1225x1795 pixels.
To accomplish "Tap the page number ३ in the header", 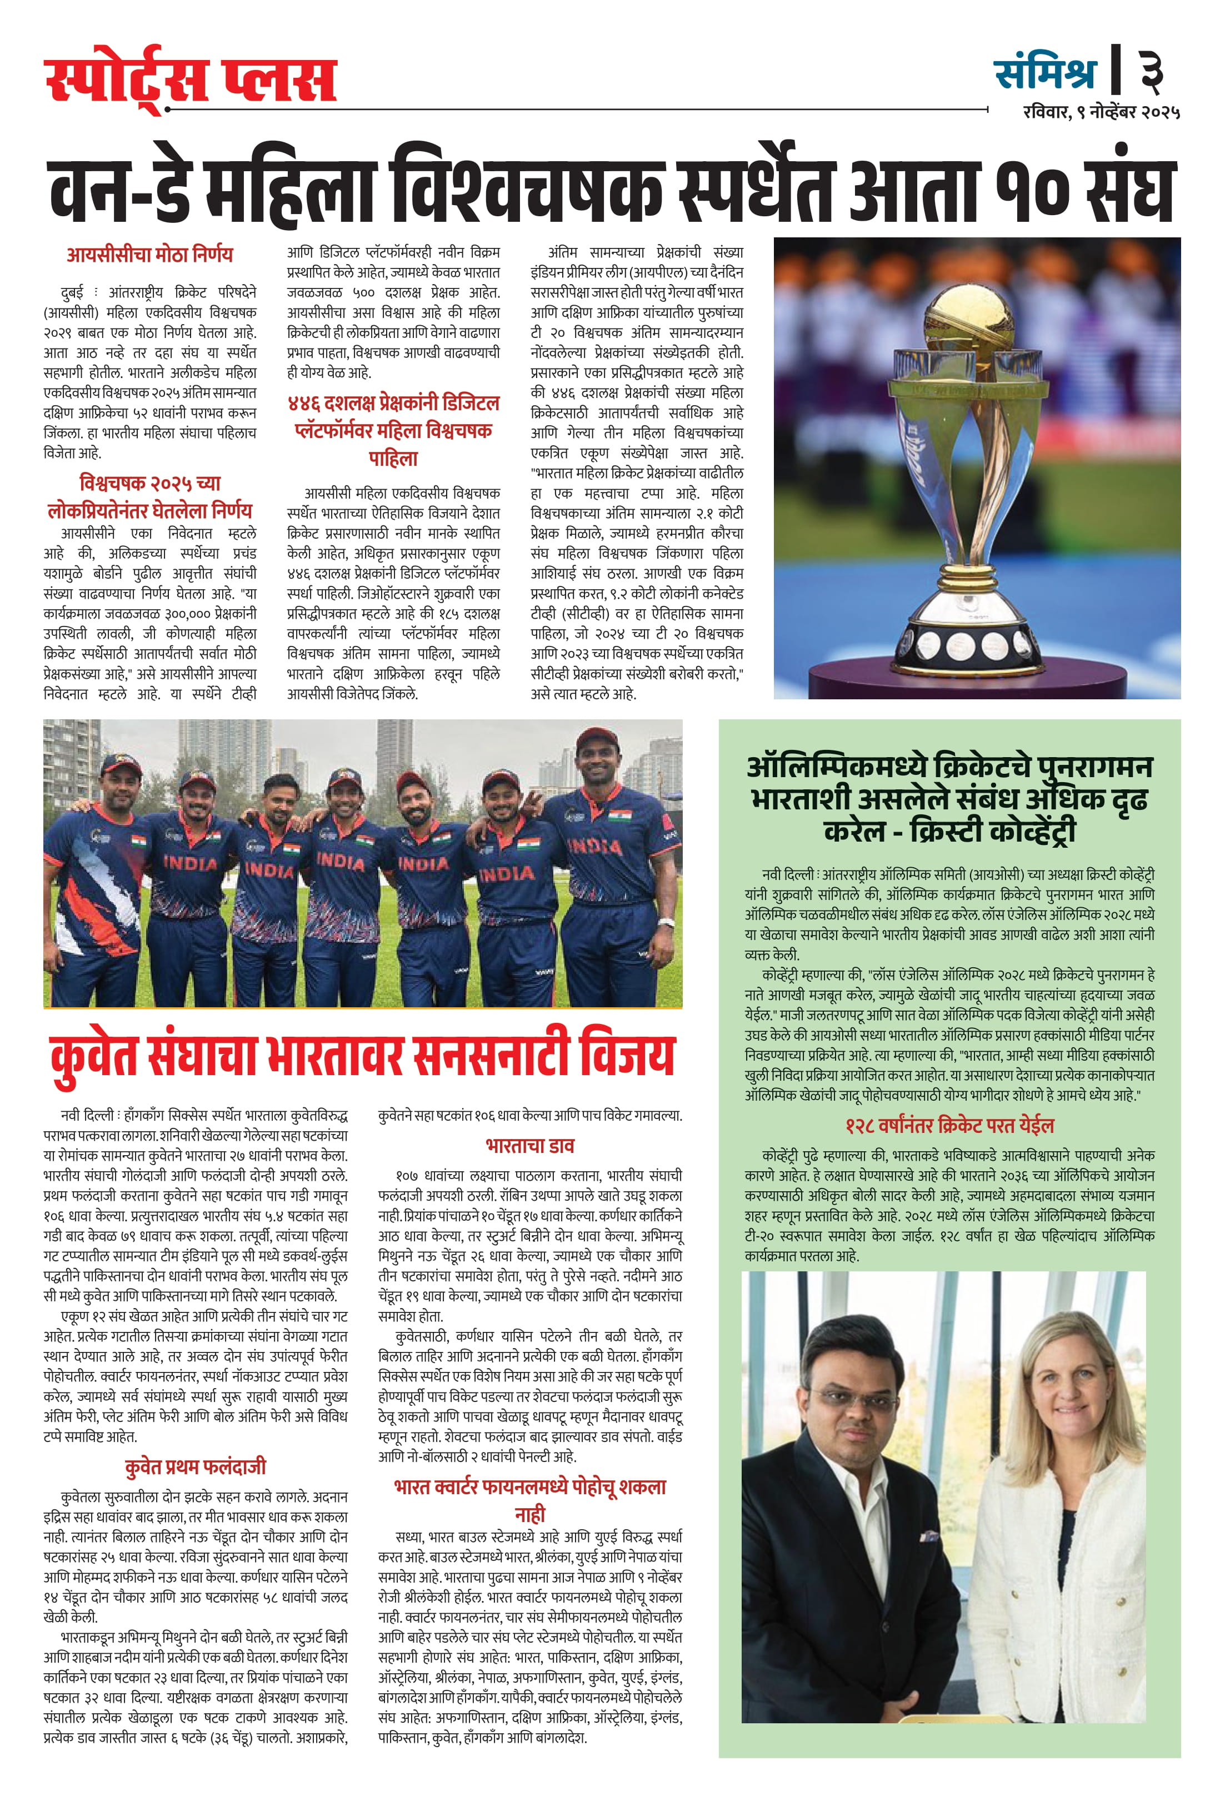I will click(x=1151, y=70).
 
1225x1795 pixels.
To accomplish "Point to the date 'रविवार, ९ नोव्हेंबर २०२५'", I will click(x=1101, y=112).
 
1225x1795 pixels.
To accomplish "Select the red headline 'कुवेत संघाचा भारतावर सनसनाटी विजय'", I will click(x=362, y=1055).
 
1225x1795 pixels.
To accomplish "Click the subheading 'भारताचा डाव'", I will click(x=529, y=1146).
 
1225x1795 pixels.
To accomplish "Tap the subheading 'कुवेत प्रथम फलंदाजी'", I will click(x=196, y=1466).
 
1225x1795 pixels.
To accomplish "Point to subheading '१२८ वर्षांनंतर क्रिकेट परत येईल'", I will click(x=949, y=1125).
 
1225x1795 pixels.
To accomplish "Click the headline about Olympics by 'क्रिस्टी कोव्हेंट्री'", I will click(x=949, y=799).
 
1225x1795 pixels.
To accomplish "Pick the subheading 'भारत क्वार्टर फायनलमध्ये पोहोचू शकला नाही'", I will click(x=529, y=1500).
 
